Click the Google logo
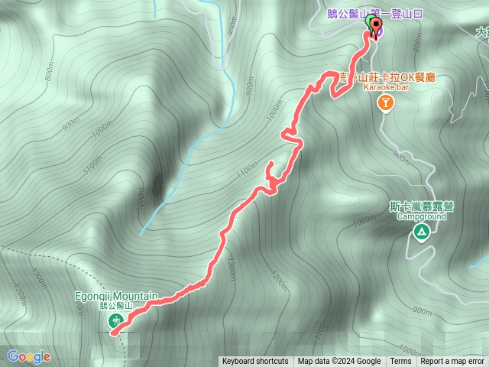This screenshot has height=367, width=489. click(29, 356)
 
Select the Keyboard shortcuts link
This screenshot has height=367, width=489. click(255, 362)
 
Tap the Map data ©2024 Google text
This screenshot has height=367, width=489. click(339, 362)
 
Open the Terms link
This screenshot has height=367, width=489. click(400, 362)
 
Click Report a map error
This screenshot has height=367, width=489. click(453, 362)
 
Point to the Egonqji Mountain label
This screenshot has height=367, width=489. click(117, 296)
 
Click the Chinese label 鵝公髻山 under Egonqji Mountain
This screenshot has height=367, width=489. click(116, 306)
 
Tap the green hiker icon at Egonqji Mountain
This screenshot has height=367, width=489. click(115, 321)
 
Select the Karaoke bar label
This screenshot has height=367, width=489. click(387, 89)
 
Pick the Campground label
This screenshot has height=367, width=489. click(420, 216)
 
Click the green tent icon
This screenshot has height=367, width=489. click(420, 232)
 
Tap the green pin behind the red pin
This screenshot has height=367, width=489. click(370, 23)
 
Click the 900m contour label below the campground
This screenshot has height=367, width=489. click(421, 310)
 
